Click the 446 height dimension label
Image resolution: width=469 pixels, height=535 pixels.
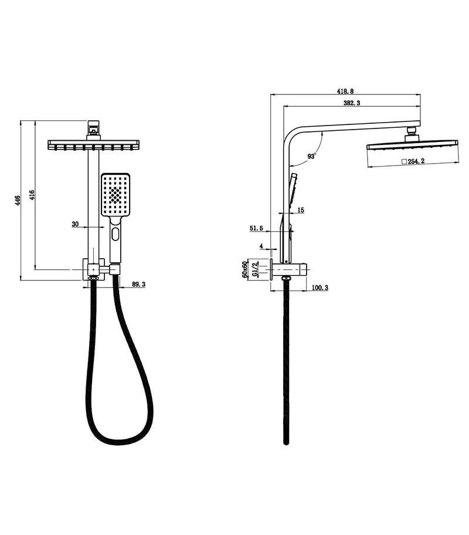click(x=18, y=201)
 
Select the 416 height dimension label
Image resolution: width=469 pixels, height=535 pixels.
click(x=32, y=195)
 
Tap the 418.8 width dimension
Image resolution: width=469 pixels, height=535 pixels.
click(x=346, y=91)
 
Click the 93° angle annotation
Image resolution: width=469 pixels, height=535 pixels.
click(x=311, y=156)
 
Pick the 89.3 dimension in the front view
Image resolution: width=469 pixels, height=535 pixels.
click(x=139, y=285)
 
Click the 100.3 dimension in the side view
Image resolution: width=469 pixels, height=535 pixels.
click(x=320, y=287)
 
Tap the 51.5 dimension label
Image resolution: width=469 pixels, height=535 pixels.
click(x=256, y=229)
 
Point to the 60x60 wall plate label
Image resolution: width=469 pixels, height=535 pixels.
click(x=246, y=269)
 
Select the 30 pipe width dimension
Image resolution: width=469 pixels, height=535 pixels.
click(x=75, y=224)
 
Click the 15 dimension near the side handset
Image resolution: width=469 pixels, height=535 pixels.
click(x=300, y=210)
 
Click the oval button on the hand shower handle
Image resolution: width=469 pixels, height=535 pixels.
click(x=115, y=236)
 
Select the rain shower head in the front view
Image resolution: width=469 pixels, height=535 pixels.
click(x=93, y=144)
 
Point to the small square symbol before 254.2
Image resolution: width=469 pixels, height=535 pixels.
click(x=404, y=160)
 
